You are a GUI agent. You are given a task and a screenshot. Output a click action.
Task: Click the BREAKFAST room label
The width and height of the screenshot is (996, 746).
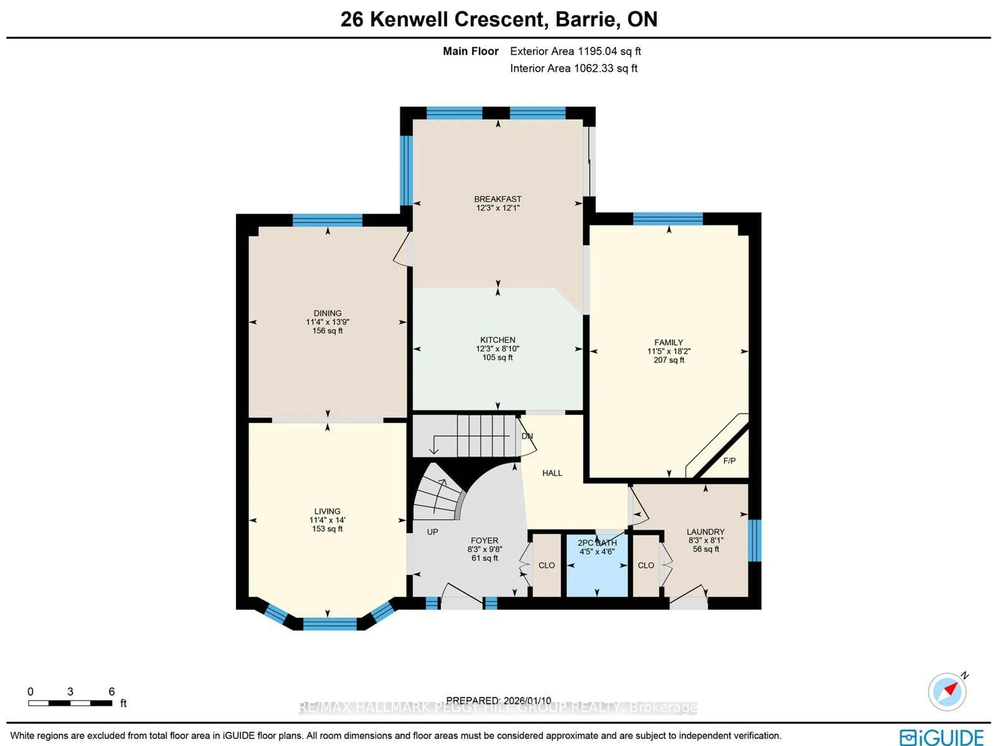tap(497, 199)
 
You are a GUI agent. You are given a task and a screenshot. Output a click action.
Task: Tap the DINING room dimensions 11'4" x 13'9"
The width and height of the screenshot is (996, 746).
tap(327, 322)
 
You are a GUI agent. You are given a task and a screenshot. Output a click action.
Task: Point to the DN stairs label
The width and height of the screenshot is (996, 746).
tap(527, 436)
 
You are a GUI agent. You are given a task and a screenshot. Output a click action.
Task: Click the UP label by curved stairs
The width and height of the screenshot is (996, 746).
tap(432, 532)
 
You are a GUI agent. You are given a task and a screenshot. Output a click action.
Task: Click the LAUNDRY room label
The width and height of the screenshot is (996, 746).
tap(706, 532)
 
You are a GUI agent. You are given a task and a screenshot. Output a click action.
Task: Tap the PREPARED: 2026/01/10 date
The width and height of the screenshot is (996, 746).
tap(499, 701)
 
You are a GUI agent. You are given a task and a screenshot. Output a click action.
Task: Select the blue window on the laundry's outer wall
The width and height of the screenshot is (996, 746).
tap(755, 540)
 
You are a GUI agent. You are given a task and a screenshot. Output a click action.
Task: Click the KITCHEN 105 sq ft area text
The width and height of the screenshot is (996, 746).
tap(497, 358)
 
